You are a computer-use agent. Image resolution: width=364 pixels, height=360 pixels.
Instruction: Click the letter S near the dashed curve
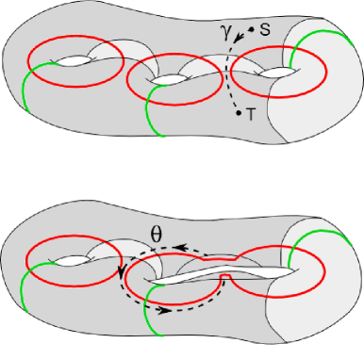(264, 31)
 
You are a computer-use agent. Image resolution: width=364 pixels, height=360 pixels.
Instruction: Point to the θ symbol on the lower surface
(158, 232)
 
